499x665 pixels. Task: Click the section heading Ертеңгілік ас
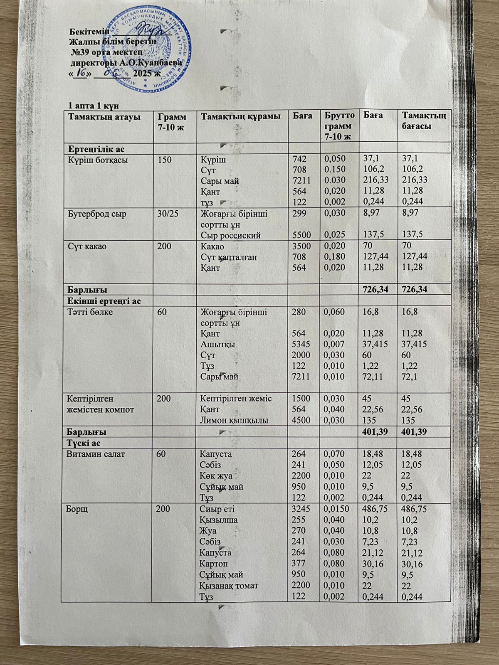click(x=97, y=149)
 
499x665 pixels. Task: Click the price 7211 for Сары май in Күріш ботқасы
click(x=300, y=181)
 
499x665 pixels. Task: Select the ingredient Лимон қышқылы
click(x=234, y=420)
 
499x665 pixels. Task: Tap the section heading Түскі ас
click(x=82, y=443)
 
